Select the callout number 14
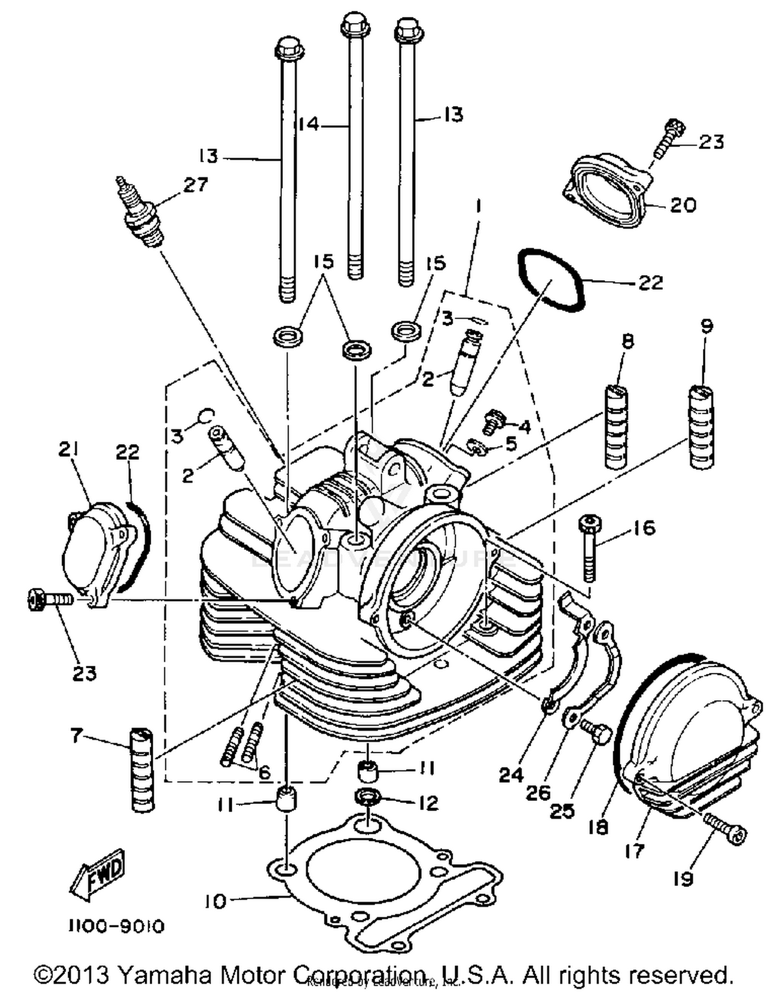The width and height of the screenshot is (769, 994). point(309,124)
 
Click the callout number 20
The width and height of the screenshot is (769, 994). point(683,205)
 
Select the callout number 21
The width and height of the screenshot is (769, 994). point(69,450)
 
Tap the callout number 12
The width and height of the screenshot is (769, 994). point(428,803)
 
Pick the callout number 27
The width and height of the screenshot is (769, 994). point(195,184)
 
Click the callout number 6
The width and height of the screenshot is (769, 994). point(264,772)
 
